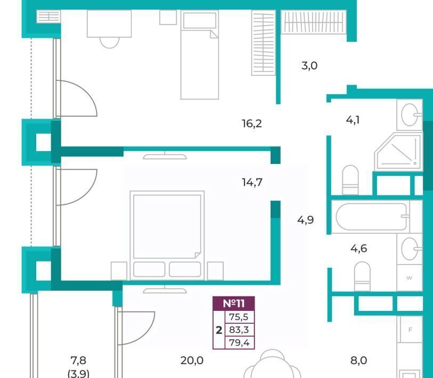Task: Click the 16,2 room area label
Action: point(252,124)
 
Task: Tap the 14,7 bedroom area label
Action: point(252,182)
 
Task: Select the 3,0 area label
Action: point(309,65)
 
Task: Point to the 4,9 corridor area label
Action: point(305,220)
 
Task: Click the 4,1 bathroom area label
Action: point(353,120)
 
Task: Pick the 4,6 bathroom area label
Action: point(359,249)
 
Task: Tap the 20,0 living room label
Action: point(192,360)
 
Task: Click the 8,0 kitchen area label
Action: point(359,360)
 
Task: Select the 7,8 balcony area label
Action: point(78,360)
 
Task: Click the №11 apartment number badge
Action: point(234,303)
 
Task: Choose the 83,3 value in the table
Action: point(239,330)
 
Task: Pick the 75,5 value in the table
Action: point(239,317)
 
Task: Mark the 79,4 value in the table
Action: point(239,343)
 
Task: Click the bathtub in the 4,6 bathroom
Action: point(372,217)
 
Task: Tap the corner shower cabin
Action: point(398,151)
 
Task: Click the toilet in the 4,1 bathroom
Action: point(350,180)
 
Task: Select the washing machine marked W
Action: point(410,277)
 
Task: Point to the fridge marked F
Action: point(410,330)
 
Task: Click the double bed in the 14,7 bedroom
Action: point(167,235)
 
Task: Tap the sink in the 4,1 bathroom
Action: point(410,115)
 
